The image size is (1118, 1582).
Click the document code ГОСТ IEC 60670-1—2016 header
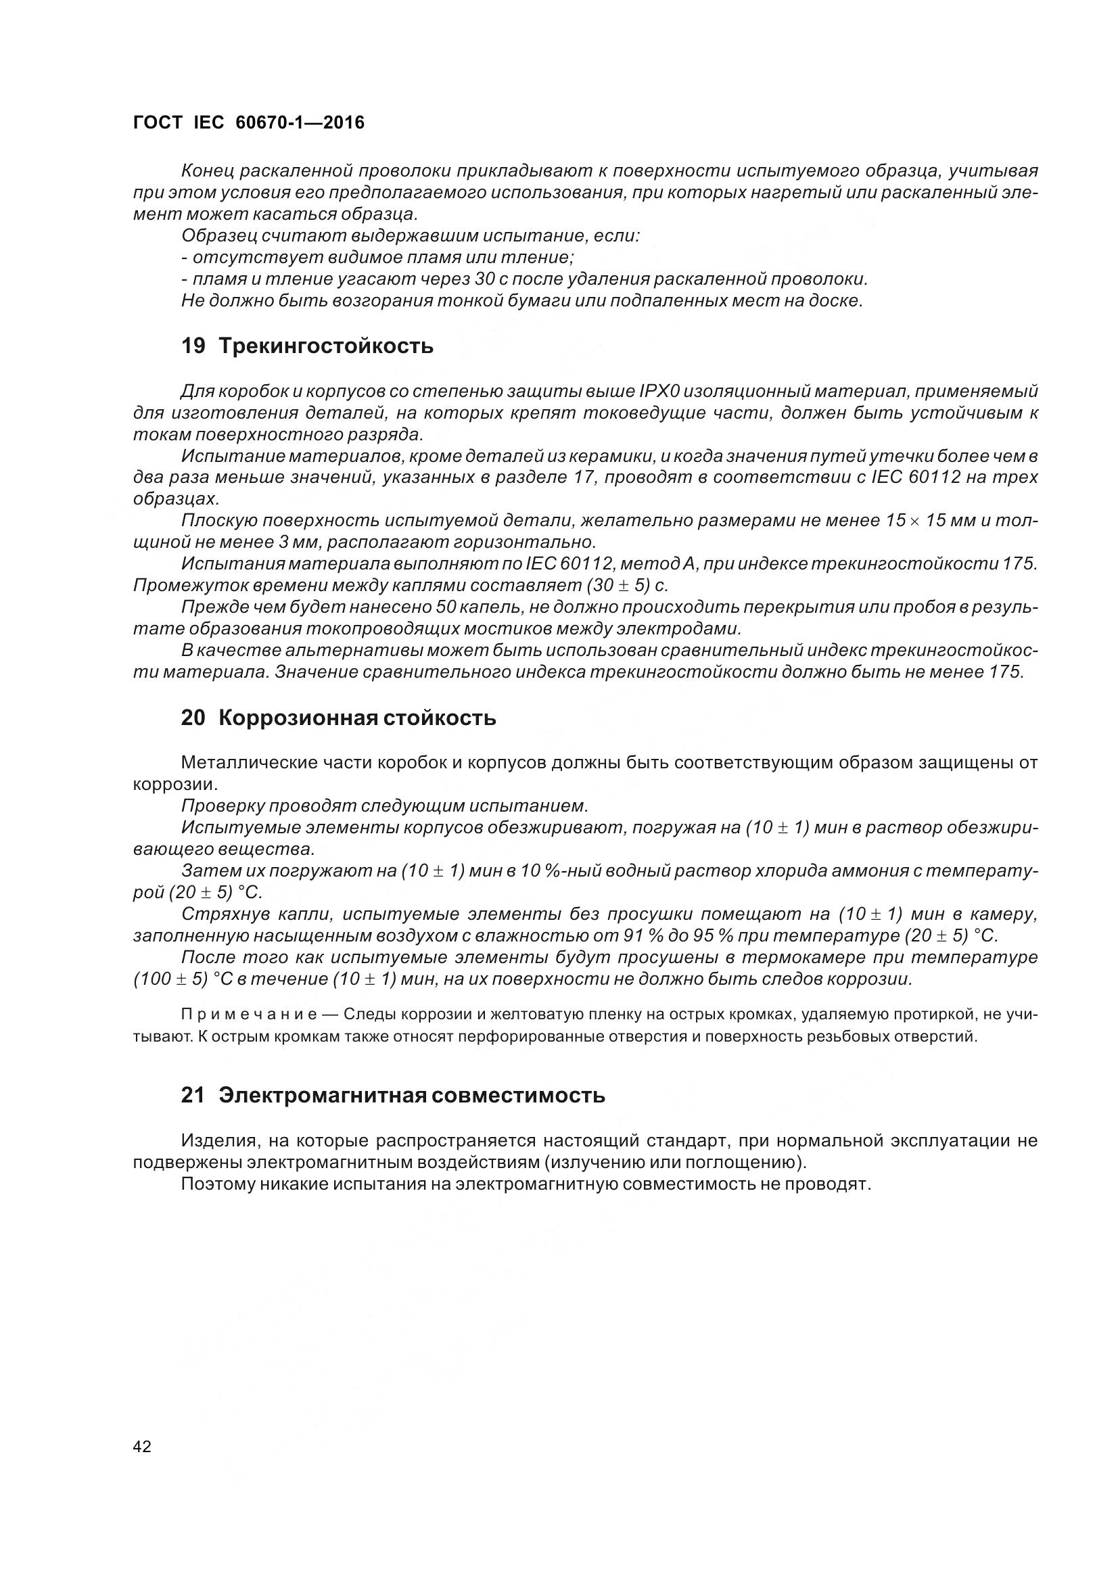point(249,122)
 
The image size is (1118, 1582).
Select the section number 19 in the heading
point(193,346)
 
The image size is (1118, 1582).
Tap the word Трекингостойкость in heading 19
point(326,346)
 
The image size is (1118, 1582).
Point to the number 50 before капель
point(446,607)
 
